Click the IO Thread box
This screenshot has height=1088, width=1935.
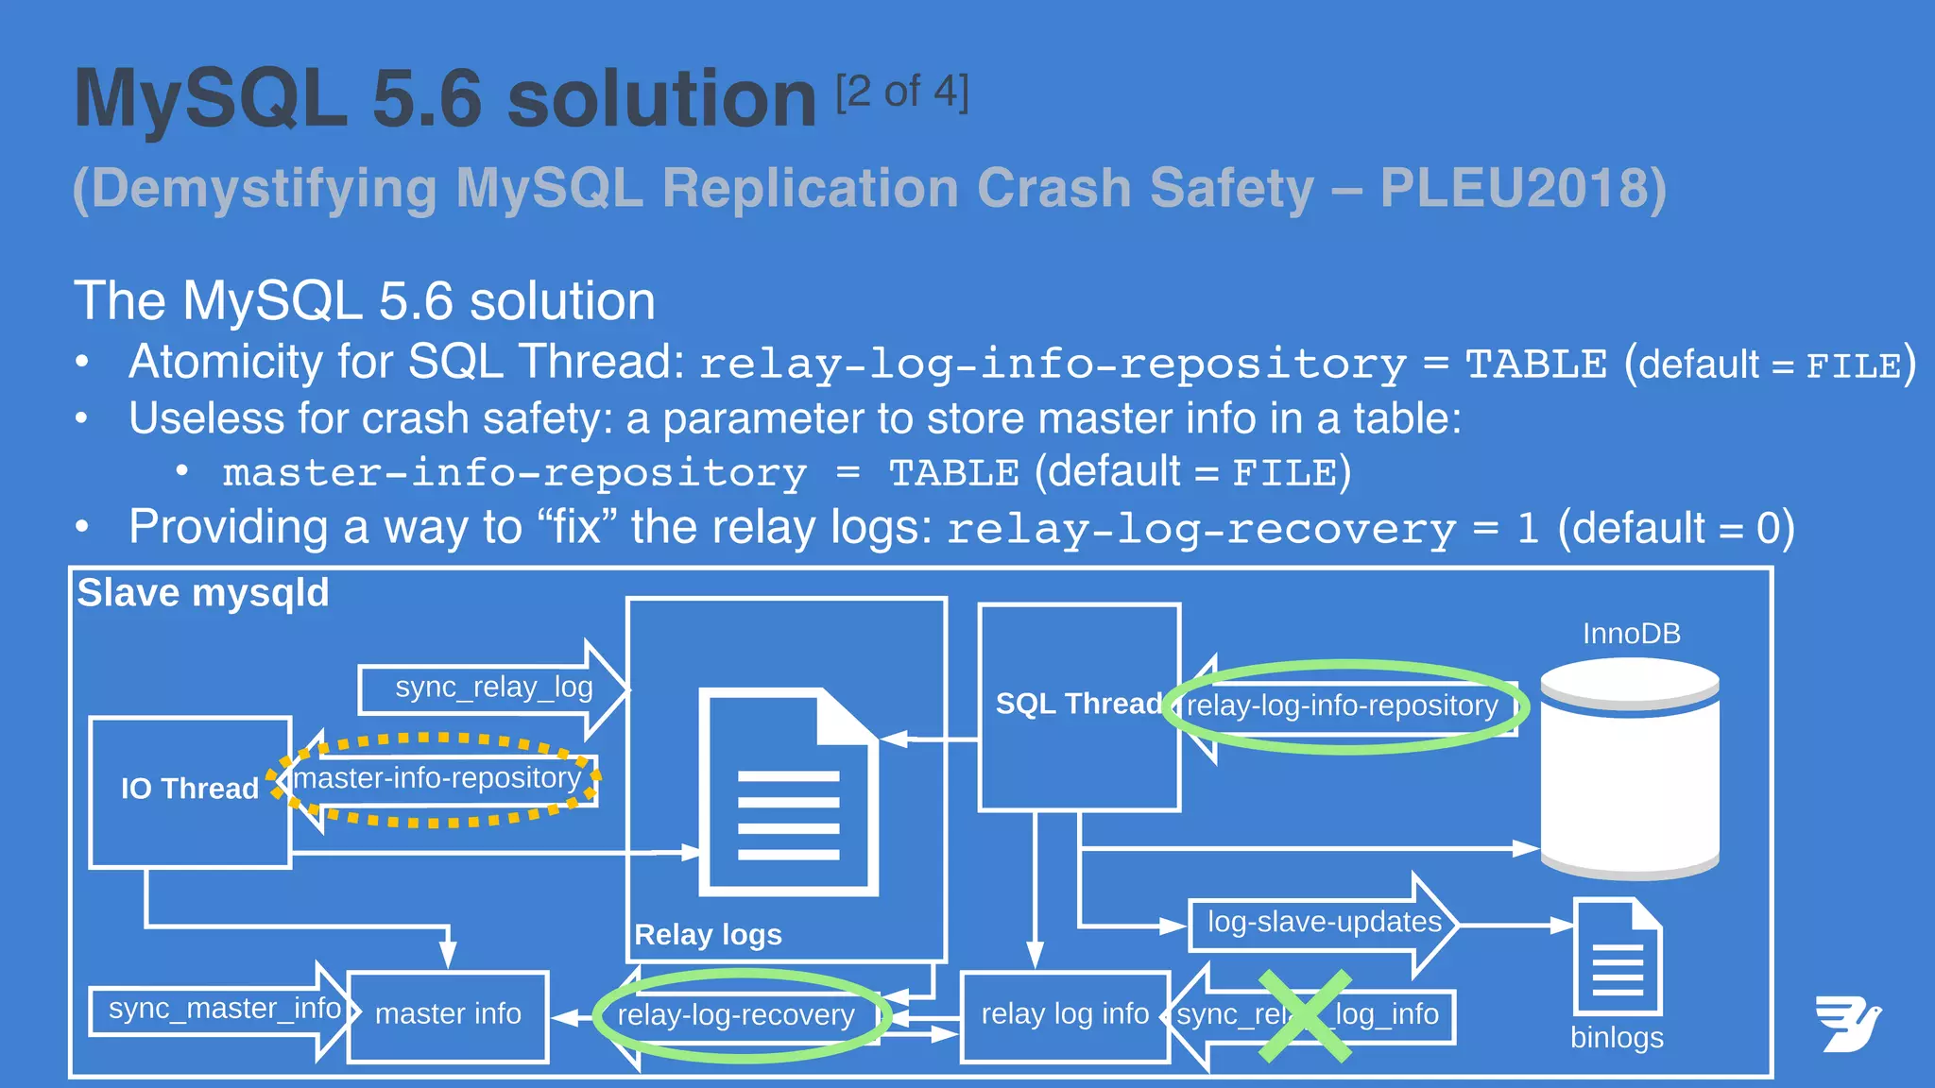click(x=189, y=791)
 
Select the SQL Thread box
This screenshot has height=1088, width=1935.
click(x=1079, y=706)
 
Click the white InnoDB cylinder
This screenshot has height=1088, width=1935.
click(x=1629, y=769)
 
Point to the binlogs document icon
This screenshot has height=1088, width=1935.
click(x=1617, y=958)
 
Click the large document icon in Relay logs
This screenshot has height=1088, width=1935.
click(x=788, y=793)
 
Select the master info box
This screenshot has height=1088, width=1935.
click(x=448, y=1015)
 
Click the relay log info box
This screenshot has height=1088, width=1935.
click(x=1065, y=1015)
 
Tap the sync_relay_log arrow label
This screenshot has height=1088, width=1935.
click(x=493, y=688)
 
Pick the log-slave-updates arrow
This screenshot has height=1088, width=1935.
click(x=1324, y=924)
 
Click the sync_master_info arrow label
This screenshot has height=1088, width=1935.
click(x=224, y=1010)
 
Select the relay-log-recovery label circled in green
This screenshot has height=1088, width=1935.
click(x=736, y=1016)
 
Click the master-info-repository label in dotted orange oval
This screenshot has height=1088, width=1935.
click(x=437, y=779)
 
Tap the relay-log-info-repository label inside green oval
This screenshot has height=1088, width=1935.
click(x=1342, y=706)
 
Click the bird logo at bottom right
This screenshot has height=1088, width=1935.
click(x=1847, y=1024)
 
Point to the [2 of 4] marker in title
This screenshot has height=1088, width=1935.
click(x=902, y=93)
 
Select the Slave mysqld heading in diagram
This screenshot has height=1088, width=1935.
click(x=203, y=594)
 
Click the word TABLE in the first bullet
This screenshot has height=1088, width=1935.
click(x=1535, y=365)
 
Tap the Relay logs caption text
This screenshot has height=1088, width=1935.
click(x=708, y=935)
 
